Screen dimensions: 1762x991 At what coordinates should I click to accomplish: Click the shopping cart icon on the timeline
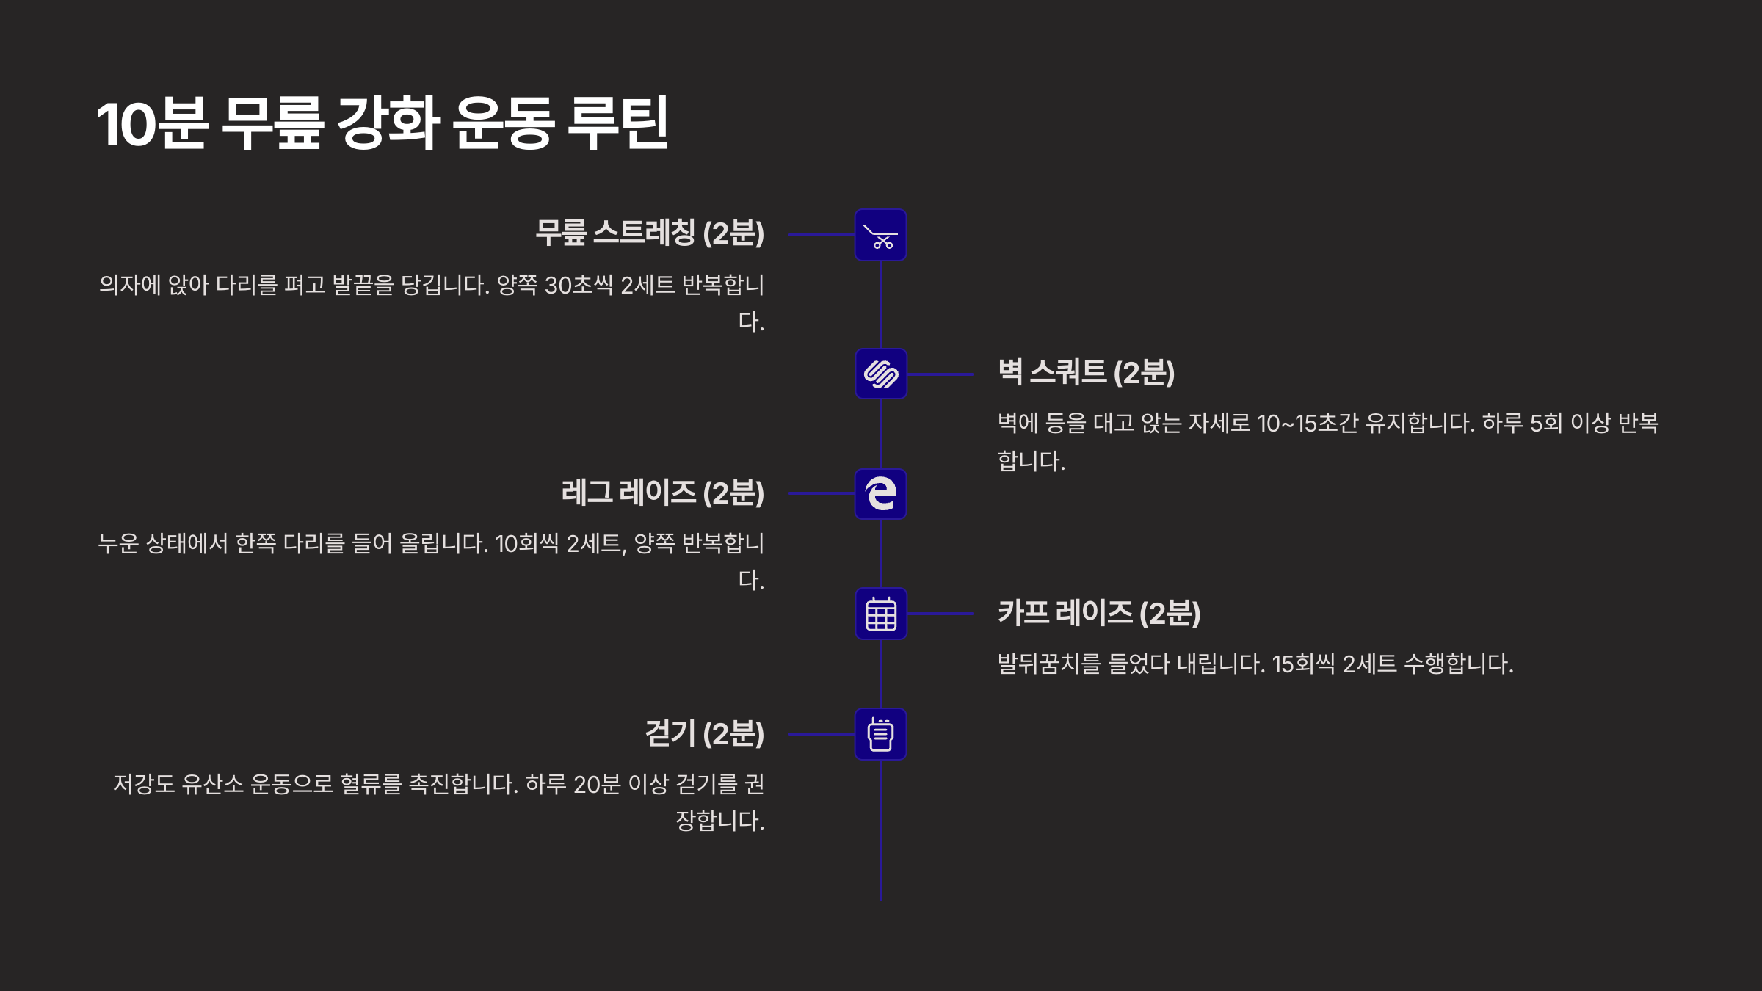click(880, 236)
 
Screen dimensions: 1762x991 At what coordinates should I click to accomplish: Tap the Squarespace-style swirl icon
click(880, 374)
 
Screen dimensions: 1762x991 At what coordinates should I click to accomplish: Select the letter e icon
click(880, 494)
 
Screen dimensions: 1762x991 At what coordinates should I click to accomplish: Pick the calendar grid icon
click(880, 614)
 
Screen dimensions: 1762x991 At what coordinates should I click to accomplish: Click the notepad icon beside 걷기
click(880, 734)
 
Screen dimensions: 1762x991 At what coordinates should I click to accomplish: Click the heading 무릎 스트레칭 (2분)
click(650, 233)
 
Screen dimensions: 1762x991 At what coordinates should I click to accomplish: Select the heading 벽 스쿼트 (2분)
click(1086, 373)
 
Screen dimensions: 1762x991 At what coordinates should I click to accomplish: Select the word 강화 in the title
click(388, 123)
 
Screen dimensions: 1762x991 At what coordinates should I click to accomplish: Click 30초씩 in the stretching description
click(579, 285)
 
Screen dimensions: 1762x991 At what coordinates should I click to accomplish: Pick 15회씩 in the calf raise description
click(1303, 664)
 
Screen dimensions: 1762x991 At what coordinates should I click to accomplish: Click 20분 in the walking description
click(597, 785)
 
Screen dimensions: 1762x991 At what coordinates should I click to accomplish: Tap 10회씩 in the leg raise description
click(526, 544)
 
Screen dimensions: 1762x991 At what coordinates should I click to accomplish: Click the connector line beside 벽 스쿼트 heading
click(940, 374)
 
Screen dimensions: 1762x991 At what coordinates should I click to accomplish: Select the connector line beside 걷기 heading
click(821, 734)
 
